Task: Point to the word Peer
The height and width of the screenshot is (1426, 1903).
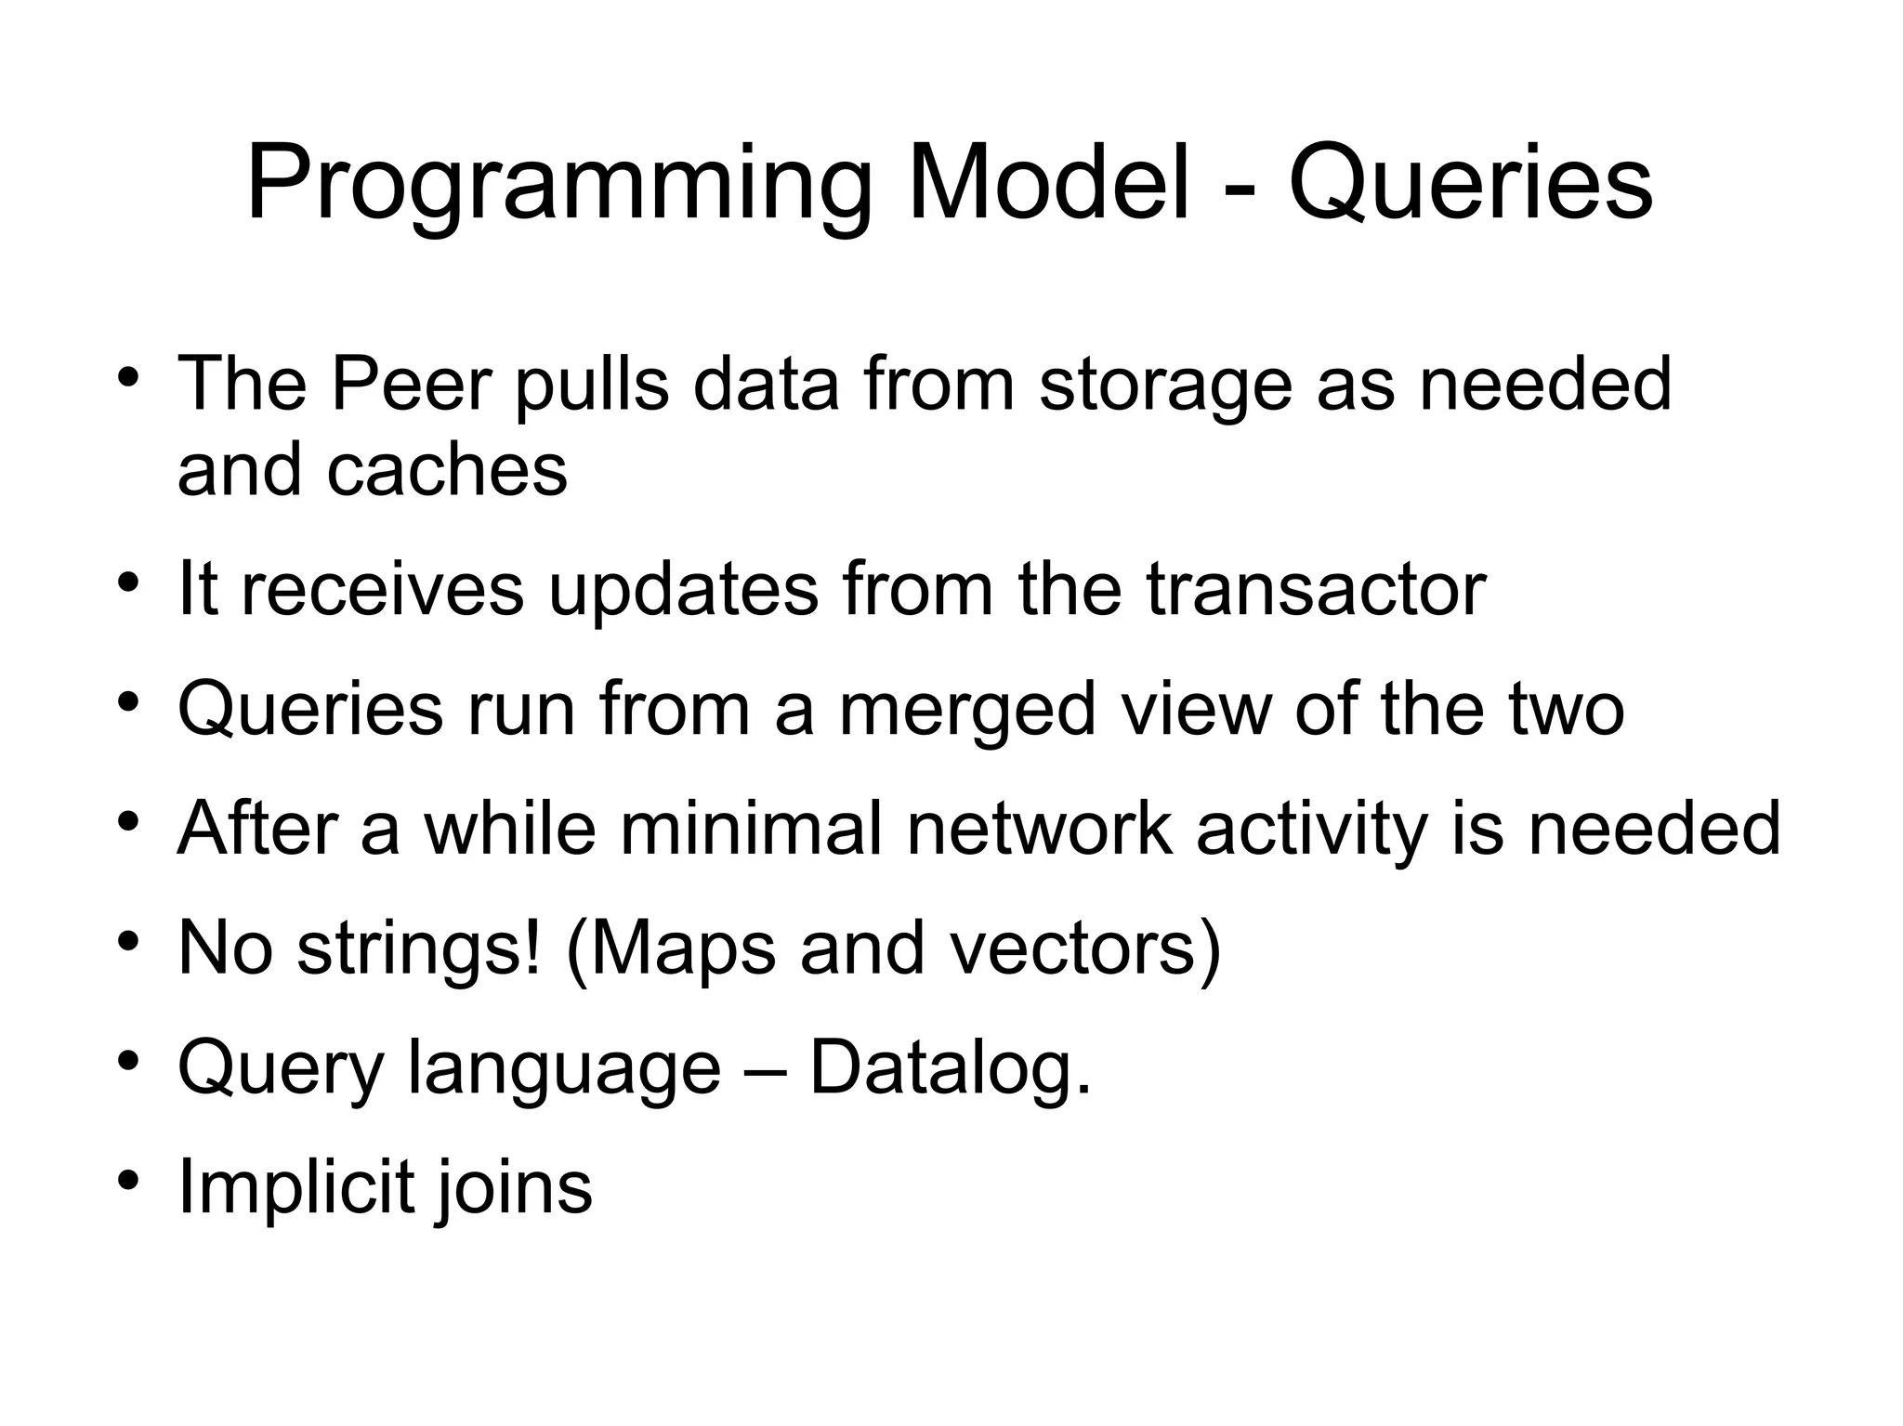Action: (x=410, y=384)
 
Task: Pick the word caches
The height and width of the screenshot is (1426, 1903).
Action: (x=446, y=470)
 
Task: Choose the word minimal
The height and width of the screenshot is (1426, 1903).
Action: (x=751, y=828)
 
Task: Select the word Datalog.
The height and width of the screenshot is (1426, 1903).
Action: (x=950, y=1068)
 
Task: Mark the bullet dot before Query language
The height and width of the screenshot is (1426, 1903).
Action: (x=128, y=1061)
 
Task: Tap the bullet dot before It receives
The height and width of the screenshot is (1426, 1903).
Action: (x=128, y=582)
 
